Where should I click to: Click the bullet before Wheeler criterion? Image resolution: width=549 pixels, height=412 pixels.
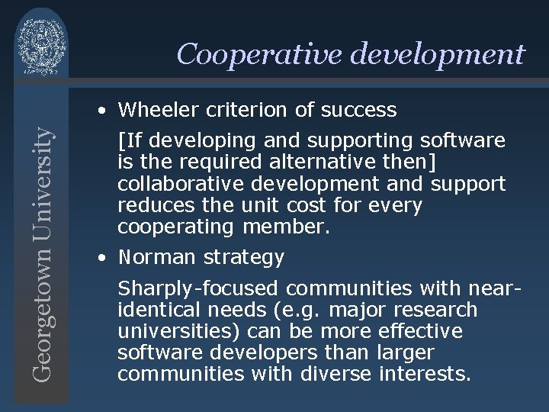coord(101,111)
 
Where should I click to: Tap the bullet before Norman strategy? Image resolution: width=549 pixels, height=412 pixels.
coord(101,258)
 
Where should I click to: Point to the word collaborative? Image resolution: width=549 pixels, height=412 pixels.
coord(177,184)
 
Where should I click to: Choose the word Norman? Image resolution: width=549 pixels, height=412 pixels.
coord(157,258)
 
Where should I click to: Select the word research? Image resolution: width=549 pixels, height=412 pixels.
coord(441,310)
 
